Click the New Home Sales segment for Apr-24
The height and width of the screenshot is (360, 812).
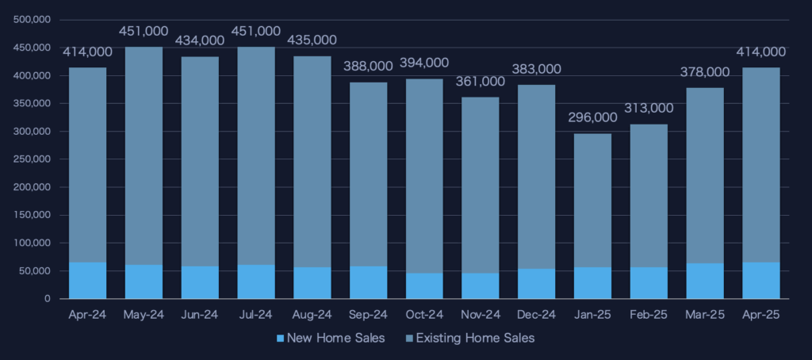tap(87, 280)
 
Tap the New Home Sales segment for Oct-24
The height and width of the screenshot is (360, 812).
tap(424, 285)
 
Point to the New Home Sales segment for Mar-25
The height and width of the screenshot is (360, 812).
tap(705, 281)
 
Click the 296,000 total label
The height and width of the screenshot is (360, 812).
tap(592, 117)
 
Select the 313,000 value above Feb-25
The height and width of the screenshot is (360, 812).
tap(649, 108)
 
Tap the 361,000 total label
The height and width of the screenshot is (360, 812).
tap(480, 81)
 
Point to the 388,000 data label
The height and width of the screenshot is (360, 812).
tap(368, 67)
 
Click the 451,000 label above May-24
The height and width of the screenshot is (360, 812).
tap(144, 31)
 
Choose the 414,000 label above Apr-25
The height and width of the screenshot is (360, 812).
tap(760, 52)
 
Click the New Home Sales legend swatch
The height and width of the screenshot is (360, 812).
tap(279, 339)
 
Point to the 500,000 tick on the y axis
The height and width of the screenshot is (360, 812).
tap(33, 20)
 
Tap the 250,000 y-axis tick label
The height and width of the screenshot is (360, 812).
tap(33, 159)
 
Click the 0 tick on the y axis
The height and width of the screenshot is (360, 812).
tap(48, 299)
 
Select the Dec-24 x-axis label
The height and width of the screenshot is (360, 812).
tap(536, 315)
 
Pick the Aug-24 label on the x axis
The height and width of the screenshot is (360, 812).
tap(312, 315)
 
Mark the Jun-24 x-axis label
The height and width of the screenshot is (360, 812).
tap(200, 315)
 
